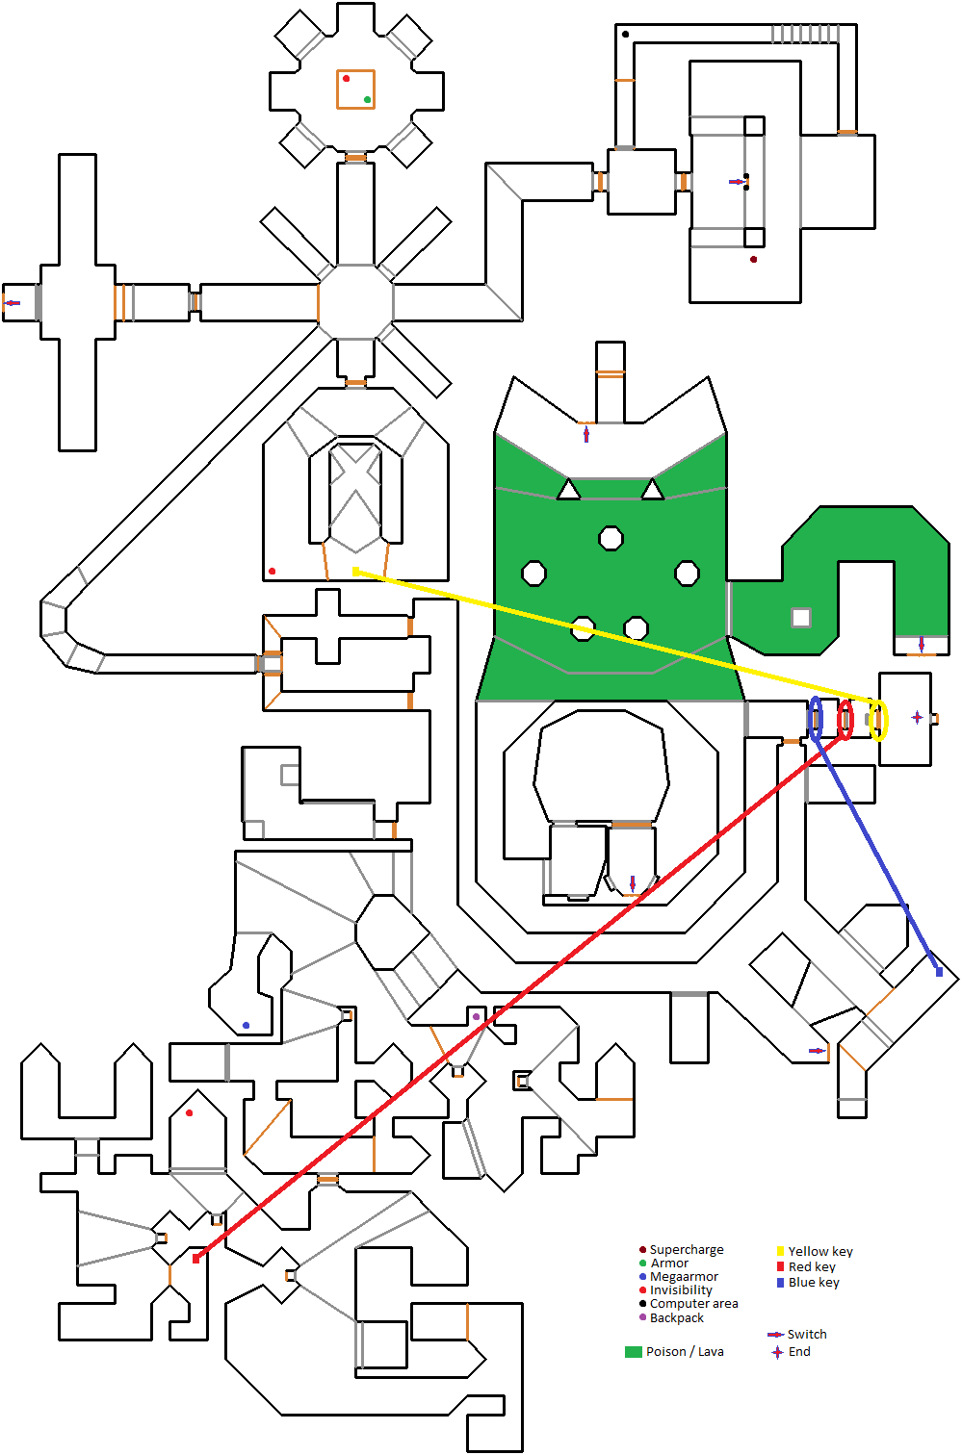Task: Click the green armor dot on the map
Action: click(x=368, y=99)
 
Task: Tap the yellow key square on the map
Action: click(x=355, y=572)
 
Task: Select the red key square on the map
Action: click(x=195, y=1259)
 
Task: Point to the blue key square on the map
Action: click(x=939, y=972)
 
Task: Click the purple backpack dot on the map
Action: click(x=476, y=1016)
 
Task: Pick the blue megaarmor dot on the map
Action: click(x=246, y=1026)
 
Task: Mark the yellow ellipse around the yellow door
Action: click(x=878, y=721)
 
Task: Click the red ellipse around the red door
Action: click(x=845, y=720)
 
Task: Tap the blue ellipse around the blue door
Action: click(x=816, y=719)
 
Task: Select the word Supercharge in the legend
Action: click(x=687, y=1249)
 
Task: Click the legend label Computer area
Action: click(x=693, y=1303)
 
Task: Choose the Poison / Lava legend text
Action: click(x=685, y=1351)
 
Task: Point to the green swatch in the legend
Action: click(x=633, y=1351)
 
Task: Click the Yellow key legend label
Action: click(x=820, y=1251)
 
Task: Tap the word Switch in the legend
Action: click(x=807, y=1334)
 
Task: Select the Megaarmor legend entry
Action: click(x=684, y=1276)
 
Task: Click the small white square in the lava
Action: click(x=800, y=617)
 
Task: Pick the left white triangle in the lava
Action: click(x=568, y=491)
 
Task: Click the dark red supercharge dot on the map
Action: click(x=753, y=259)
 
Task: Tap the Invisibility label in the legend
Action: click(x=681, y=1289)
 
